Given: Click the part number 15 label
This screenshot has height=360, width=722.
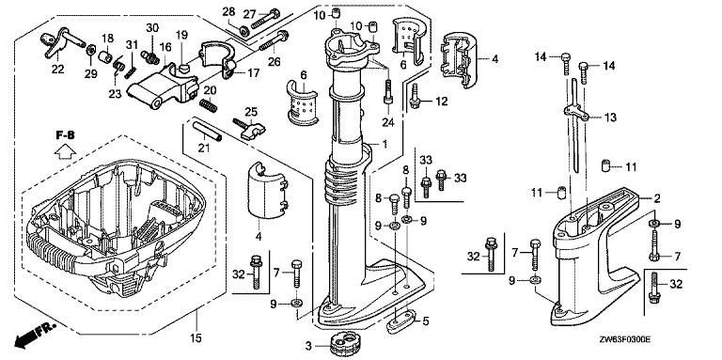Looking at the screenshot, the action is tap(196, 338).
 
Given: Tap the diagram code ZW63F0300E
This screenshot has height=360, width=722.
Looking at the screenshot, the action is tap(623, 340).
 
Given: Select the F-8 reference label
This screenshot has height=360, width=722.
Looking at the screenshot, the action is tap(66, 135).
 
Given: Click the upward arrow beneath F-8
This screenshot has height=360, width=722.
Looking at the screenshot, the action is tap(66, 151).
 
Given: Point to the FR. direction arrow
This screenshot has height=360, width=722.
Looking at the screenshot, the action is tap(35, 335).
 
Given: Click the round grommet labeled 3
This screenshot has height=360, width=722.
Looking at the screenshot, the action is tap(345, 345).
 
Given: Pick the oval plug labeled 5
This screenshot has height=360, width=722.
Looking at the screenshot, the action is tap(400, 321).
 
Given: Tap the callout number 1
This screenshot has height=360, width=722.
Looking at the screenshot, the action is tap(385, 144).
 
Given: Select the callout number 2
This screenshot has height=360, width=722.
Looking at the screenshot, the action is tap(657, 199).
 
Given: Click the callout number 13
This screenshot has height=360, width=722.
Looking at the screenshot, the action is tap(610, 117).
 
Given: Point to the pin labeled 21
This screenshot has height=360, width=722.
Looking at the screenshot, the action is tap(207, 132).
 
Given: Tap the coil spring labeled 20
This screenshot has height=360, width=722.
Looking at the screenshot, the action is tap(208, 106).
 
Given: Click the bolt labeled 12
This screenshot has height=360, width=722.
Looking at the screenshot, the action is tap(415, 97).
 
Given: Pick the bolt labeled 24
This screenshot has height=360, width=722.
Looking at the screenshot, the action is tap(387, 92).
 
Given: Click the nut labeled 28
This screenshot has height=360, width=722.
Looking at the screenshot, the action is tap(244, 31).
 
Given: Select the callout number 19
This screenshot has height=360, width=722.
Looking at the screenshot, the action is tap(181, 35).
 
